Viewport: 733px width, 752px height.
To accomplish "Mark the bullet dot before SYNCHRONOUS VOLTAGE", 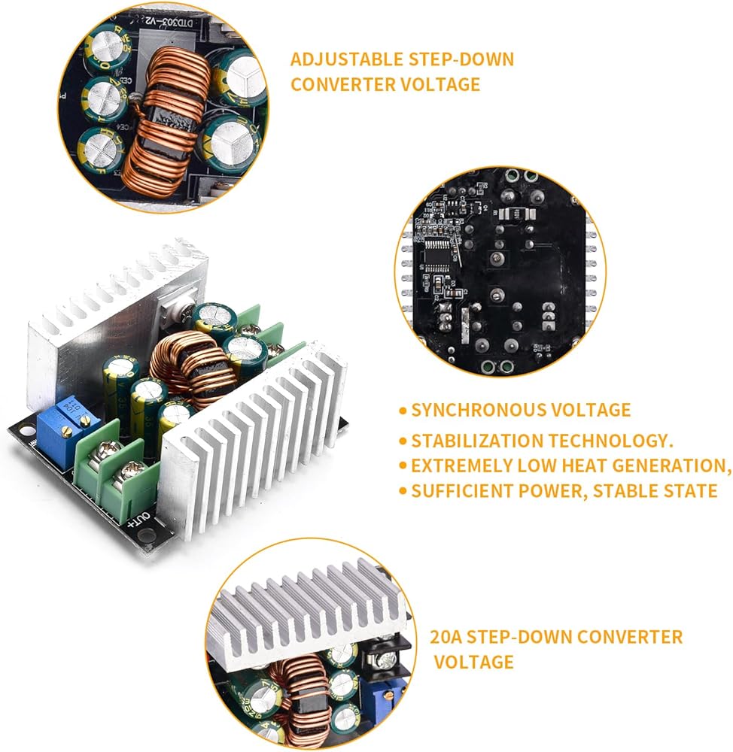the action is [403, 411].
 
